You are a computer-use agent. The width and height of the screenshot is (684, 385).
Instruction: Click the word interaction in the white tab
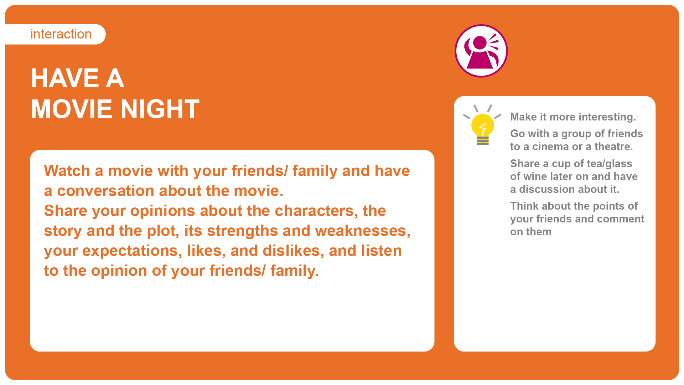pos(61,34)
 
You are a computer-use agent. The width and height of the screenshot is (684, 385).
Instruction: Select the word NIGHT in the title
pos(160,109)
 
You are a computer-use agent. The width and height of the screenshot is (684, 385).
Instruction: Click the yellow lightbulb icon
pos(482,125)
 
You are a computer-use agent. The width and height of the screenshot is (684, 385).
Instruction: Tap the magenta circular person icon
pos(481,51)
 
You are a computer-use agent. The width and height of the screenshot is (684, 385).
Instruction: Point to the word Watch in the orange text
pos(67,171)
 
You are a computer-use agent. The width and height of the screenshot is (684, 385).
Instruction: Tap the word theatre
pos(613,147)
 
